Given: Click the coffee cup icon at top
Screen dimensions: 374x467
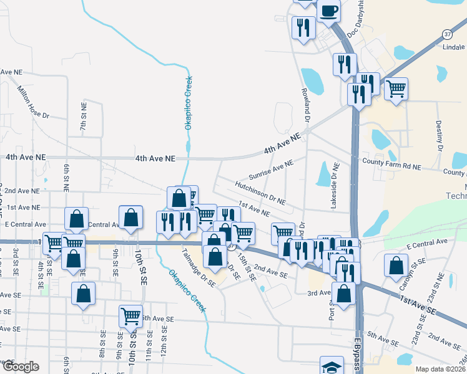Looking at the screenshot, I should [x=328, y=10].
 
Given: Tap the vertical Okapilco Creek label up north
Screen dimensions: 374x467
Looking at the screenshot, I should [x=187, y=103].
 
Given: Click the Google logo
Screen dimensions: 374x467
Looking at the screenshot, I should [x=20, y=367].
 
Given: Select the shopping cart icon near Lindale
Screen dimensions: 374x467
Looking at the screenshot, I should [x=396, y=89].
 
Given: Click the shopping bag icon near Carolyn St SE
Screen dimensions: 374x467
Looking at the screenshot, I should [x=396, y=265].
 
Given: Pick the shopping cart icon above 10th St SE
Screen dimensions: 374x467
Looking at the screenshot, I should [x=130, y=315].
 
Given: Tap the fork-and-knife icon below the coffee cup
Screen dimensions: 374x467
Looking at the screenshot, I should [x=303, y=27].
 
